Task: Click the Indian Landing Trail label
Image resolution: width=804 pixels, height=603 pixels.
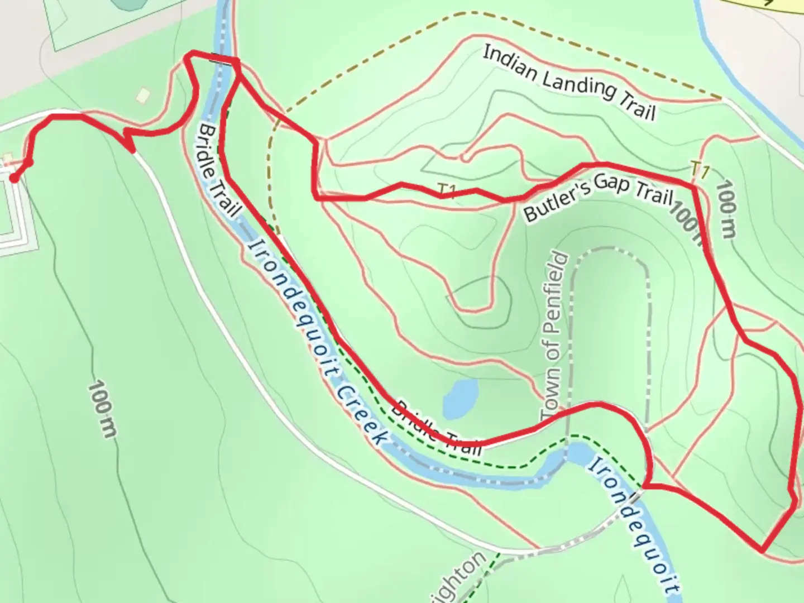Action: (568, 83)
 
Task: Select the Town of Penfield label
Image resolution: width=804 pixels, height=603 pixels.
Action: (554, 338)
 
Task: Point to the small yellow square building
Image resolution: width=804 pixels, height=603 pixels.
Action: (143, 95)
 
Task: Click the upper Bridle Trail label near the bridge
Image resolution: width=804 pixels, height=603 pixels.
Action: (218, 170)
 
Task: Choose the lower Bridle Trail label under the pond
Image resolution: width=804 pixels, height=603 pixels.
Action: (436, 428)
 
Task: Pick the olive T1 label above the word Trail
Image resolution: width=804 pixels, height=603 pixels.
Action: (700, 169)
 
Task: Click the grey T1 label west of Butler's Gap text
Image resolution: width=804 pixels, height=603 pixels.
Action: (447, 192)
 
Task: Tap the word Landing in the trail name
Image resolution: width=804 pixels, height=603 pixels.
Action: (580, 84)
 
